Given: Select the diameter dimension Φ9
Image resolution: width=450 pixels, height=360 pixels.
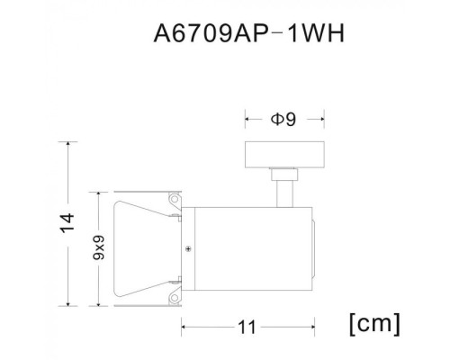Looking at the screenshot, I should (284, 117).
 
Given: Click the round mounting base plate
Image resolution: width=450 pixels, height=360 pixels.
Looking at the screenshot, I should (285, 156).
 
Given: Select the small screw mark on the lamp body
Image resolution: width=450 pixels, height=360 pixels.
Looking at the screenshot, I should (188, 248).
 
